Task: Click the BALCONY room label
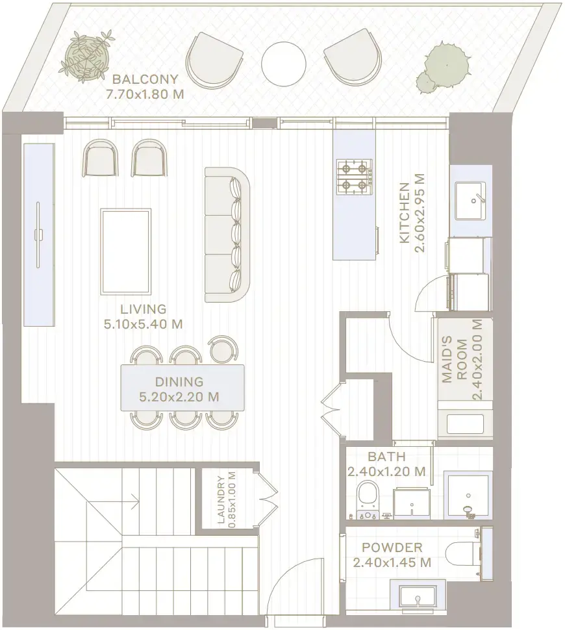145,80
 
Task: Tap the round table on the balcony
284,64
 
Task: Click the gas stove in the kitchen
354,177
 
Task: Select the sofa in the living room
227,234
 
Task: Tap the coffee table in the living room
126,251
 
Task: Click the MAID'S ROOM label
462,360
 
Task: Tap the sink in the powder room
418,596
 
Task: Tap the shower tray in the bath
466,497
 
